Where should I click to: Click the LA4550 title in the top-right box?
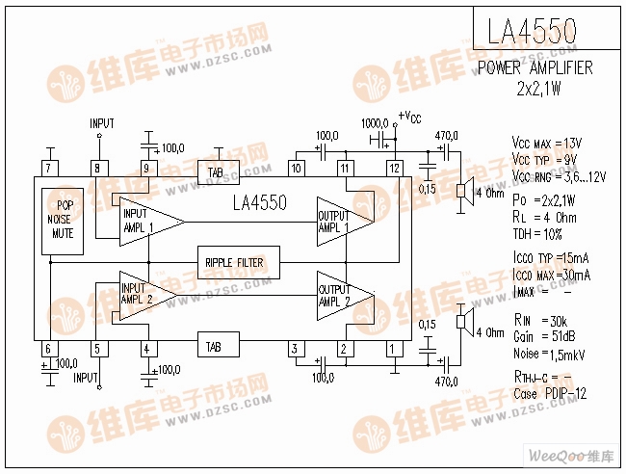(533, 32)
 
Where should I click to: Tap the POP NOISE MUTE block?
(65, 220)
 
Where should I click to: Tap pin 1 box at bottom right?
(392, 348)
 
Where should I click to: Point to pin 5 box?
(96, 349)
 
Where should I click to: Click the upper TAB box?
(216, 172)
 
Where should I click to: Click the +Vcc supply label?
(410, 118)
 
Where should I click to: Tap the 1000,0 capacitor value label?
(374, 124)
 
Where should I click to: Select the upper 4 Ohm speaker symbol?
(463, 190)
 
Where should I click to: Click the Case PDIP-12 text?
(549, 394)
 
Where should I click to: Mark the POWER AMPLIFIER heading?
(535, 68)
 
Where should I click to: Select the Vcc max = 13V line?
(545, 143)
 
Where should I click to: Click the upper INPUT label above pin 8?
(101, 123)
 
